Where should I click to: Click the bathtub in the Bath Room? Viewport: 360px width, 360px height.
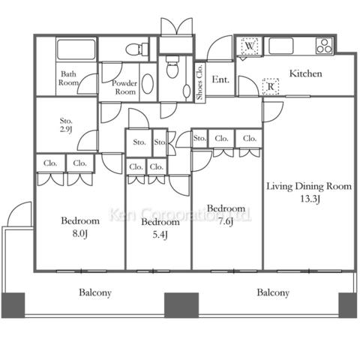pyautogui.click(x=76, y=49)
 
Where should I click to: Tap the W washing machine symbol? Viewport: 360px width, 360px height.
pyautogui.click(x=250, y=46)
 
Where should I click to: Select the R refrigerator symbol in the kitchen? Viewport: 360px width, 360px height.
pyautogui.click(x=271, y=87)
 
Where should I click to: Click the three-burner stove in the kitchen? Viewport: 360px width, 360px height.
pyautogui.click(x=324, y=46)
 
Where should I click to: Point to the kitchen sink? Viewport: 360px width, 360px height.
pyautogui.click(x=280, y=46)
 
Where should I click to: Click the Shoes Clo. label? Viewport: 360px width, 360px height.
pyautogui.click(x=200, y=82)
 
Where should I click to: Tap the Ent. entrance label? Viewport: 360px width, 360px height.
pyautogui.click(x=220, y=79)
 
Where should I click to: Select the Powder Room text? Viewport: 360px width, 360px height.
pyautogui.click(x=124, y=87)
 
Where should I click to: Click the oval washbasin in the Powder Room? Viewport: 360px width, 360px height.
pyautogui.click(x=148, y=84)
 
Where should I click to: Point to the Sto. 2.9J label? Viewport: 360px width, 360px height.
pyautogui.click(x=66, y=125)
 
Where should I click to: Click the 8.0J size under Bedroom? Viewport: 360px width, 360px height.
pyautogui.click(x=79, y=234)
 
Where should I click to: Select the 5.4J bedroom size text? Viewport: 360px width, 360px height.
pyautogui.click(x=160, y=235)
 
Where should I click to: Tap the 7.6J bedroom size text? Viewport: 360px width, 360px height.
pyautogui.click(x=226, y=221)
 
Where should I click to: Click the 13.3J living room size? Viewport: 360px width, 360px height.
pyautogui.click(x=310, y=199)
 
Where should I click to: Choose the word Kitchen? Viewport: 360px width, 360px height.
pyautogui.click(x=305, y=73)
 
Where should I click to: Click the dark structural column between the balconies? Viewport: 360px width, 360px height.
pyautogui.click(x=181, y=305)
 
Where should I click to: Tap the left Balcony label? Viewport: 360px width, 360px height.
pyautogui.click(x=95, y=292)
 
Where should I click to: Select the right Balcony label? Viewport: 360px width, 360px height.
pyautogui.click(x=273, y=292)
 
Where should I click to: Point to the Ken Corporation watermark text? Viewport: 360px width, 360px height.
pyautogui.click(x=181, y=215)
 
